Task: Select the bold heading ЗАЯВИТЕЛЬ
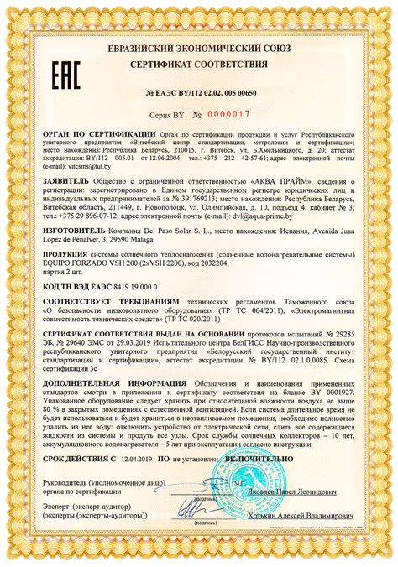tap(71, 181)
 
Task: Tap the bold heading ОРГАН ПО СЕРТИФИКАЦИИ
tap(99, 133)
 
